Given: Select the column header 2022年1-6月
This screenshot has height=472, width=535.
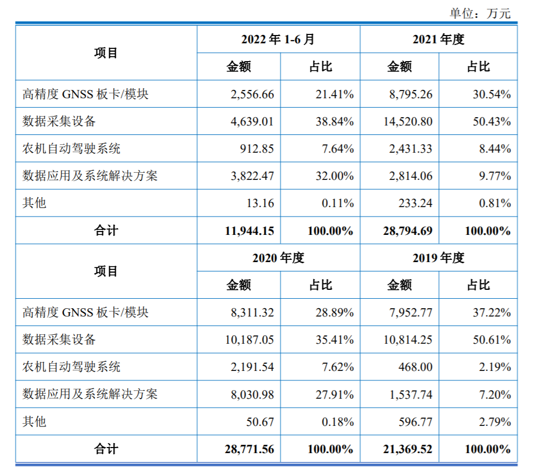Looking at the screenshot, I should [278, 39].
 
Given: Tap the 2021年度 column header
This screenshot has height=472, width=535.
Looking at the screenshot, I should [438, 39].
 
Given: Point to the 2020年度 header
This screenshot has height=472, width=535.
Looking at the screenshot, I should [278, 258].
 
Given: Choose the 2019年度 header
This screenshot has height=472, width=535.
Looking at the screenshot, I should [438, 258].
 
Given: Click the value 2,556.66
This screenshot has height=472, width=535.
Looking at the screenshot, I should [253, 94].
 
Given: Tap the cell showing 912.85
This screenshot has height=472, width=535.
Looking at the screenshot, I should [256, 149].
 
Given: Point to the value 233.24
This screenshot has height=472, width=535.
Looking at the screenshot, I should [416, 203].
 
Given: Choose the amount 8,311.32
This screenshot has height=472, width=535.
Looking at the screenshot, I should [253, 313].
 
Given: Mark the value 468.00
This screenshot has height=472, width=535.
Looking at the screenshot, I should [416, 367].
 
